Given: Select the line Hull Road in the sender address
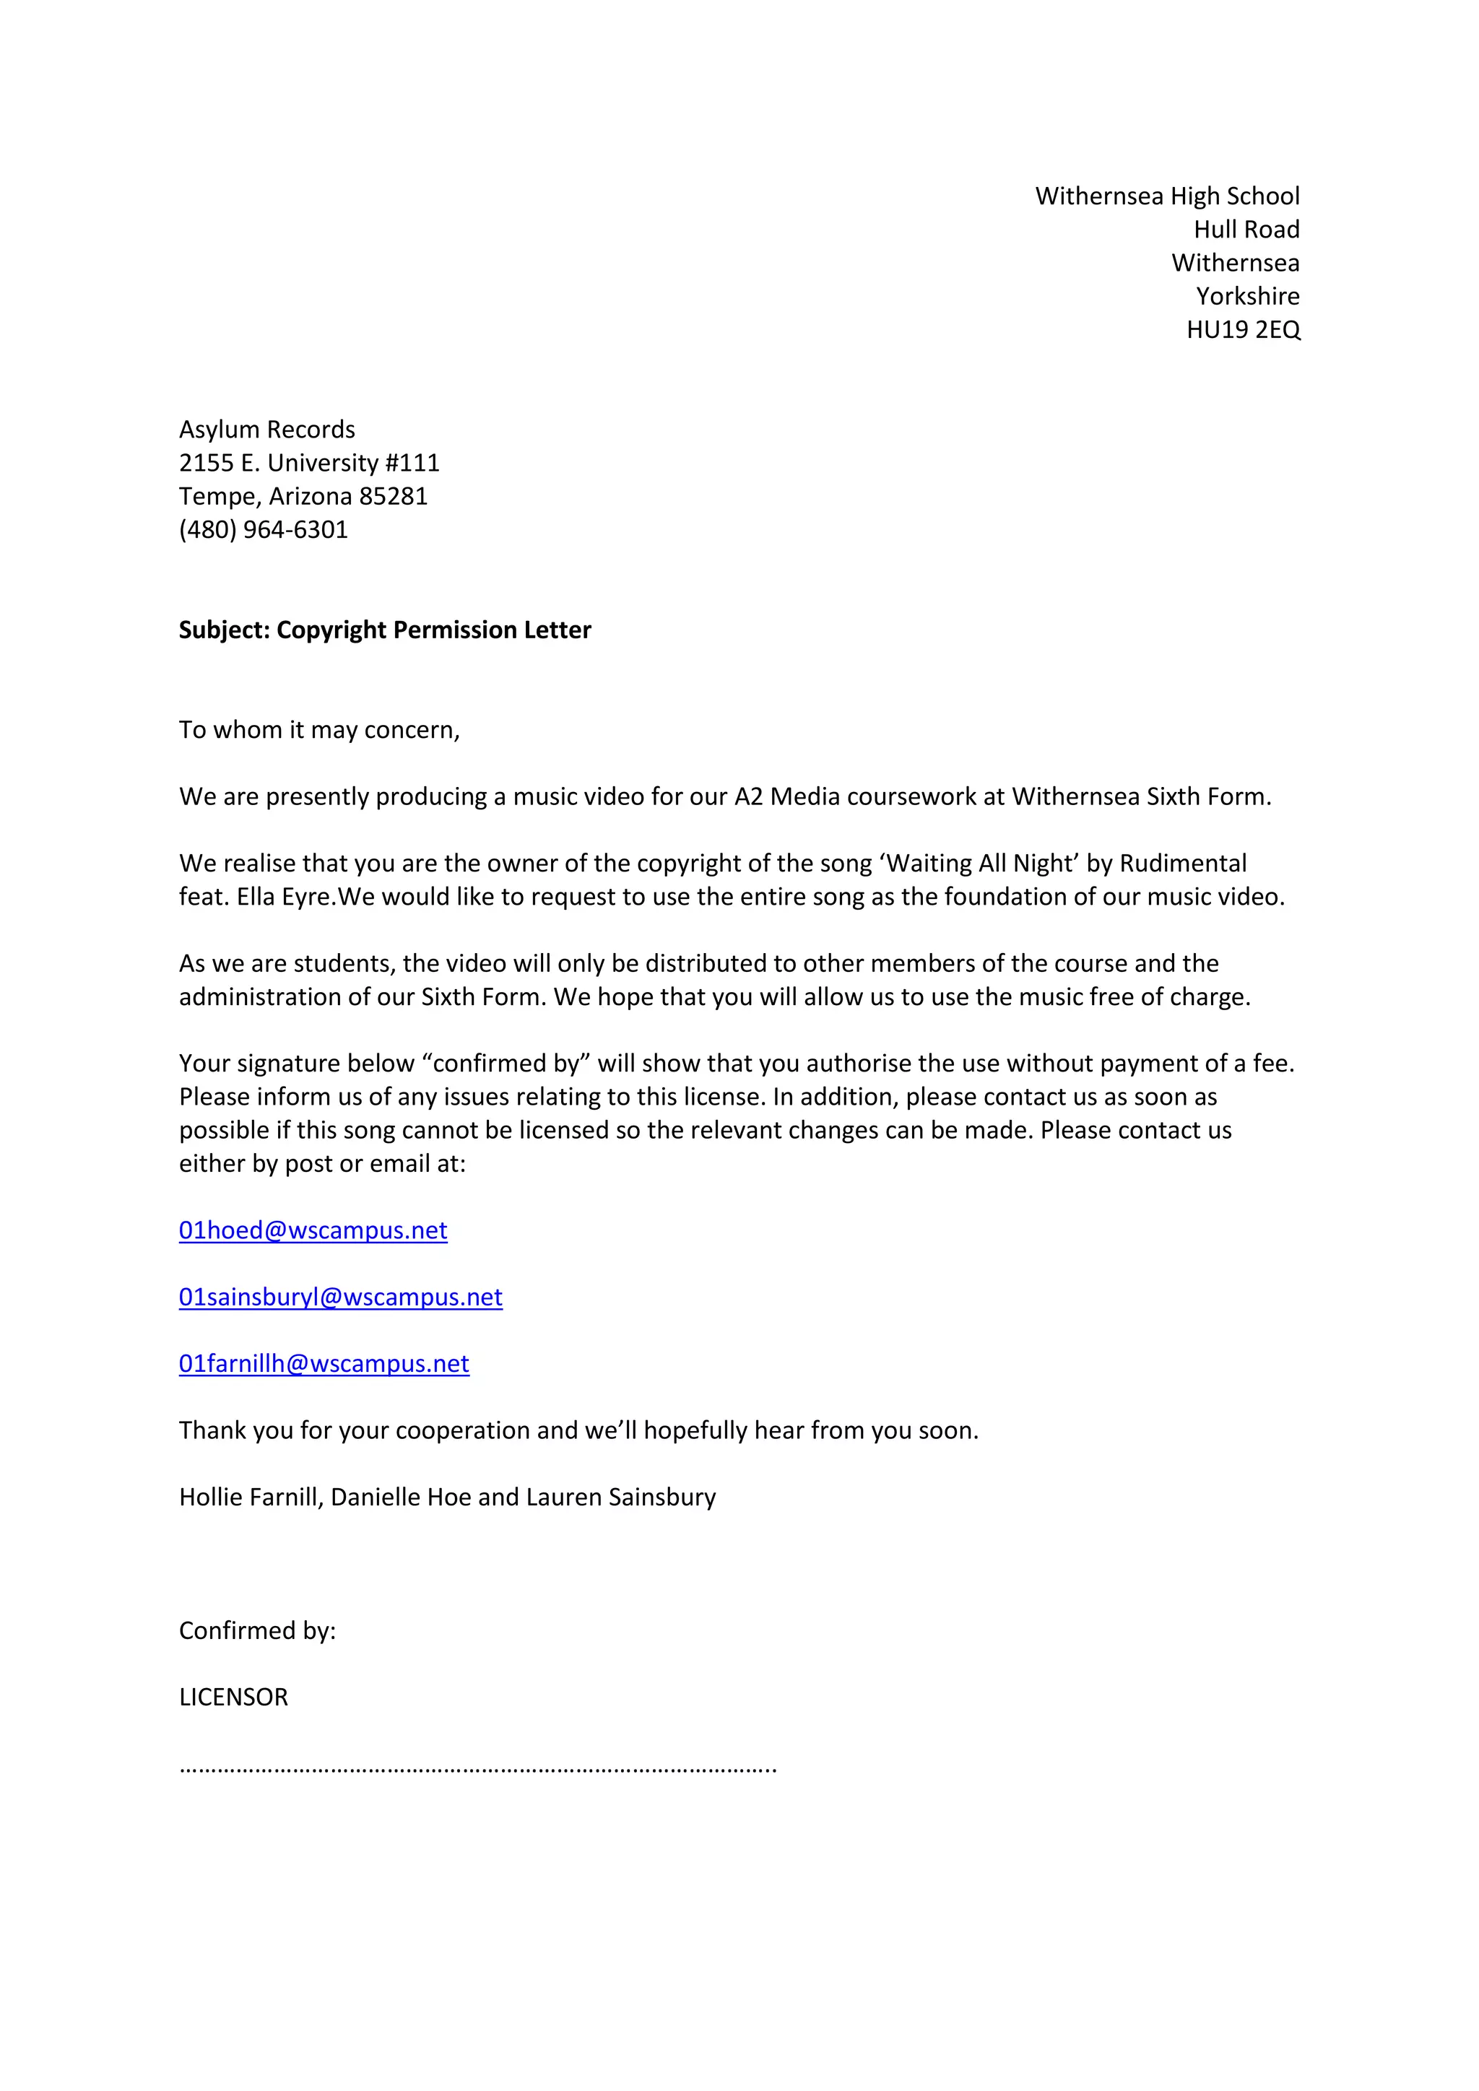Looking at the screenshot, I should click(x=1246, y=230).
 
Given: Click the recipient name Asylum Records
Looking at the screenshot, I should click(x=266, y=430).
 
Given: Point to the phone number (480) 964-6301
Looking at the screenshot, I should click(x=263, y=530).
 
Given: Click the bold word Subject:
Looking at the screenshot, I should click(x=224, y=630).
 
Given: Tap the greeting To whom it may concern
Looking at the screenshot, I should click(x=318, y=731).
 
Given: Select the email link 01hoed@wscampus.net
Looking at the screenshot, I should click(x=313, y=1230).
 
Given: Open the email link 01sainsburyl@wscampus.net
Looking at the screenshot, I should click(x=339, y=1297).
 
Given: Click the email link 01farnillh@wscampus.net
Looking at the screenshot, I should click(x=324, y=1363).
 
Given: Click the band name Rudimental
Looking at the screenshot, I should click(x=1182, y=864).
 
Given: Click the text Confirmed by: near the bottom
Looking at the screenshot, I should click(x=257, y=1630).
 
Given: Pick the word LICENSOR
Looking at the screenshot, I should click(x=233, y=1697).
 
